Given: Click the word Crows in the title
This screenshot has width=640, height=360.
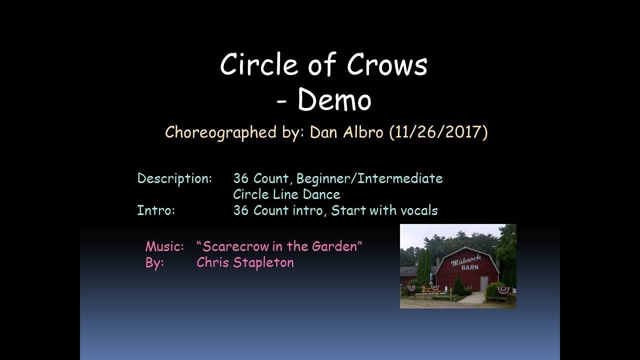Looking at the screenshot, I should pyautogui.click(x=387, y=65).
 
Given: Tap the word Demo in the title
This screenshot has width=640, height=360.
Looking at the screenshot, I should pyautogui.click(x=334, y=100).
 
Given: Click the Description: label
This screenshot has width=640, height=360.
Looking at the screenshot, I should pyautogui.click(x=174, y=178).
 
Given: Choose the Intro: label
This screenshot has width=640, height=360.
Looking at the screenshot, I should pyautogui.click(x=156, y=210).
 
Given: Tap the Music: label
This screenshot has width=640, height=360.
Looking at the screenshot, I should pyautogui.click(x=164, y=246).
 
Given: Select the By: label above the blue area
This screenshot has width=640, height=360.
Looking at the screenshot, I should pyautogui.click(x=154, y=262).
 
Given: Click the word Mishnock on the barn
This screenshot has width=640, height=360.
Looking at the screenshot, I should pyautogui.click(x=465, y=259).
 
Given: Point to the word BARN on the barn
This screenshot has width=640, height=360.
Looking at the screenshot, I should pyautogui.click(x=469, y=267).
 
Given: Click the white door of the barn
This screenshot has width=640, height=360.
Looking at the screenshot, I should pyautogui.click(x=484, y=283).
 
